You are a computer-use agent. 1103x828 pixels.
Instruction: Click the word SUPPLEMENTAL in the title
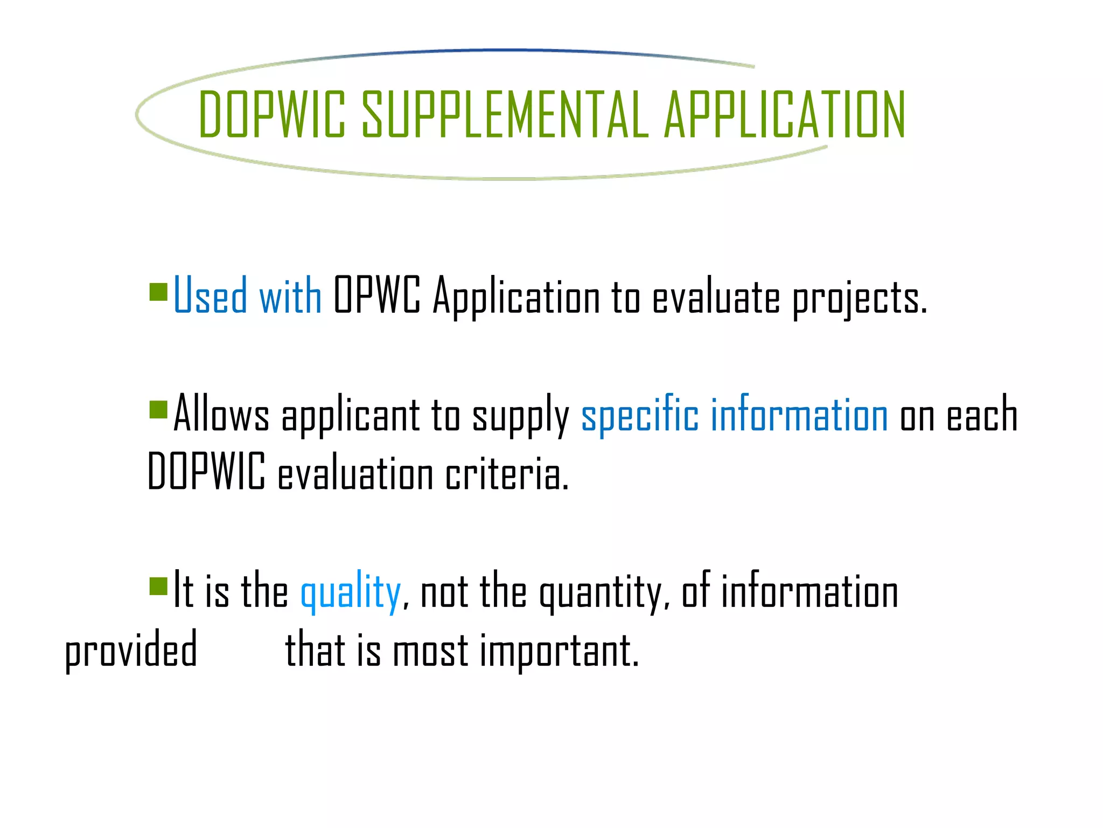pyautogui.click(x=505, y=114)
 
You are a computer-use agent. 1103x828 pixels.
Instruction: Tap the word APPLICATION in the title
pyautogui.click(x=784, y=114)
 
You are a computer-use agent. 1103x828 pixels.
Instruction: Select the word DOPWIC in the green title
pyautogui.click(x=272, y=114)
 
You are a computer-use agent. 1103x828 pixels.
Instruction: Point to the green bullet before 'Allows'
pyautogui.click(x=158, y=409)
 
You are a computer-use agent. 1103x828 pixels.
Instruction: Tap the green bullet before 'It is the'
pyautogui.click(x=158, y=585)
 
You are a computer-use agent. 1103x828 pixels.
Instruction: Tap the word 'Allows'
pyautogui.click(x=221, y=413)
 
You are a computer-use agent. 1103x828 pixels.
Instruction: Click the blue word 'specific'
pyautogui.click(x=640, y=415)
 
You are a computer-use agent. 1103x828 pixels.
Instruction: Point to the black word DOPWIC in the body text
pyautogui.click(x=206, y=472)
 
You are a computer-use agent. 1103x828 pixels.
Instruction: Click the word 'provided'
pyautogui.click(x=131, y=651)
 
